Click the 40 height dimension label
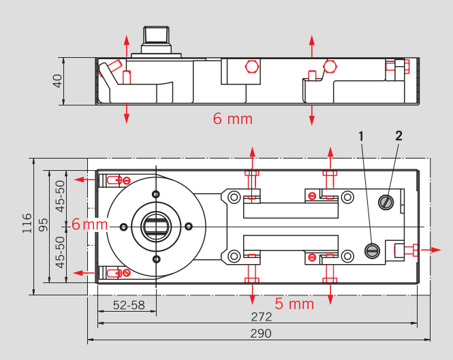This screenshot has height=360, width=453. (x=58, y=81)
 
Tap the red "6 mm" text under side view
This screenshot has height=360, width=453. (x=233, y=119)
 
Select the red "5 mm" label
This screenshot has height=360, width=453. (x=294, y=304)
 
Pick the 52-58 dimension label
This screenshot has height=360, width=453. (x=129, y=305)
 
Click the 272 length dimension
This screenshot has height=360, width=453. (x=261, y=317)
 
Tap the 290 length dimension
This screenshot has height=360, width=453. (x=261, y=333)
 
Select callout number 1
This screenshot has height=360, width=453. (x=362, y=135)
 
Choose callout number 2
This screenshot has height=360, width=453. (x=399, y=135)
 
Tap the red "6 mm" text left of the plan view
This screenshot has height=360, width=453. (x=89, y=225)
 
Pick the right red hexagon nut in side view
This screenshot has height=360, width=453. (x=330, y=66)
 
